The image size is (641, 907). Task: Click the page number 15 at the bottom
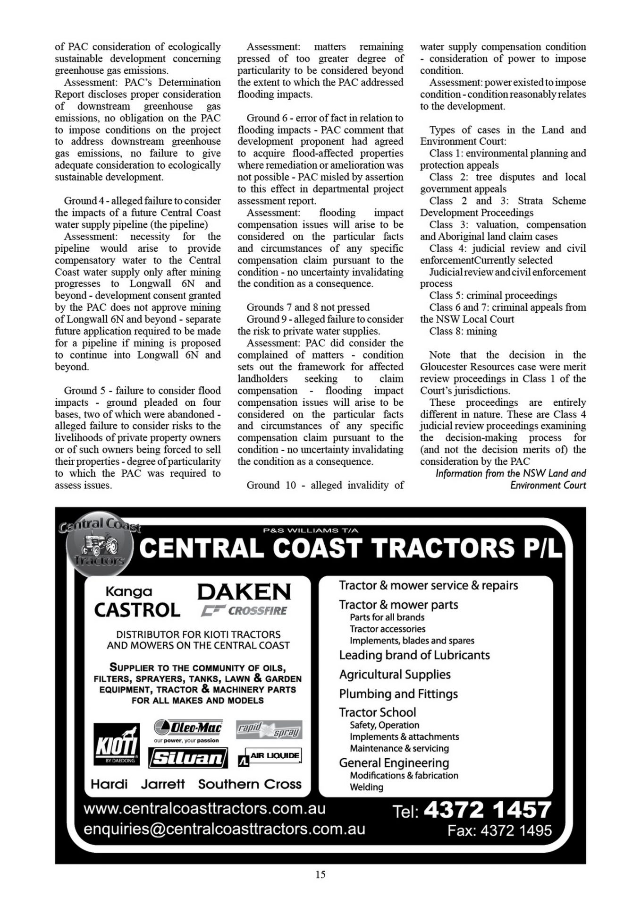[x=320, y=874]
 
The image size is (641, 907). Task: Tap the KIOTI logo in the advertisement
[x=116, y=744]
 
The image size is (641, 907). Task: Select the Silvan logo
[x=188, y=758]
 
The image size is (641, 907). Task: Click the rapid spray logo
[x=269, y=730]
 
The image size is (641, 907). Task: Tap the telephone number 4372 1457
[x=488, y=810]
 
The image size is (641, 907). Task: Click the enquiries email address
[x=224, y=829]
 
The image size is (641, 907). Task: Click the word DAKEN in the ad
[x=244, y=591]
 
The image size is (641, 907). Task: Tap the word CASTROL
[x=137, y=610]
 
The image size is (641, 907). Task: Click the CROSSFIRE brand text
[x=257, y=611]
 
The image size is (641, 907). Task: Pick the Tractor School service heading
[x=377, y=712]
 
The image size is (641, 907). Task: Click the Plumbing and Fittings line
[x=398, y=693]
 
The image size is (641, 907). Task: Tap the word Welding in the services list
[x=366, y=787]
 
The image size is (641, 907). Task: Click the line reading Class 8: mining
[x=463, y=331]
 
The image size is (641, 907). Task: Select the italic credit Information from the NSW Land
[x=510, y=473]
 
